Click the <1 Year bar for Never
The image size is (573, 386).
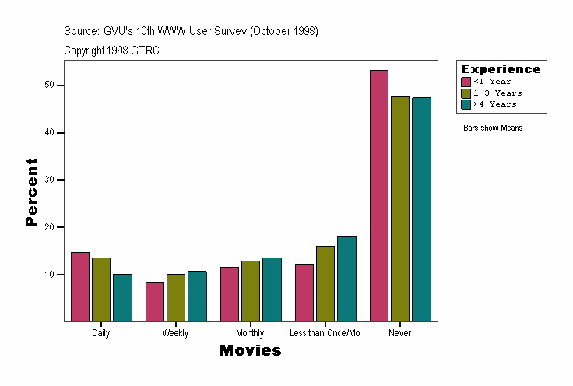coord(379,195)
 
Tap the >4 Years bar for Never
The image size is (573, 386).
coord(421,209)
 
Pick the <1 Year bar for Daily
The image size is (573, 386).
coord(80,286)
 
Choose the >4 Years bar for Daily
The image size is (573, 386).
coord(122,297)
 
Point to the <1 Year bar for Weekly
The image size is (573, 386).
coord(155,302)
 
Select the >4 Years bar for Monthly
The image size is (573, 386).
coord(272,289)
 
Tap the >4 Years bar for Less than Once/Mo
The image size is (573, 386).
coord(346,279)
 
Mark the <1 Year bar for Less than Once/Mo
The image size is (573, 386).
coord(304,293)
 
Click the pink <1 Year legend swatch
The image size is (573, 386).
coord(466,82)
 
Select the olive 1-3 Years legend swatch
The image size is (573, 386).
coord(466,93)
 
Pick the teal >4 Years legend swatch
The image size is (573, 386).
coord(466,104)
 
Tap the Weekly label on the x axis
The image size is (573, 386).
coord(175,333)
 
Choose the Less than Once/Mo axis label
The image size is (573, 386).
coord(325,333)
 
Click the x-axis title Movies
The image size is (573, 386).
coord(250,351)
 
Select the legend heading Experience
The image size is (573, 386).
coord(501,69)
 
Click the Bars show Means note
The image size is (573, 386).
coord(493,128)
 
